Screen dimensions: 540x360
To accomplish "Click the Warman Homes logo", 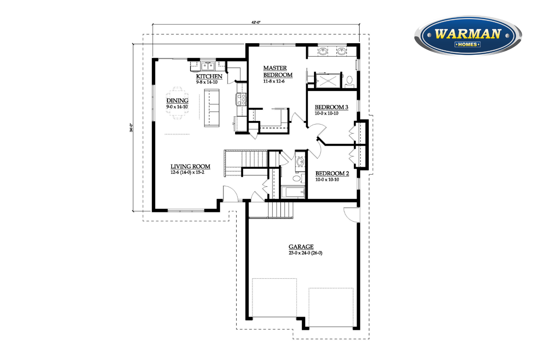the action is point(468,35).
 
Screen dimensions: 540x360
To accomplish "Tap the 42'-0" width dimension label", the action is point(256,22).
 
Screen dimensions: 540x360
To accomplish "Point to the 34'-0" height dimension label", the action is point(131,127).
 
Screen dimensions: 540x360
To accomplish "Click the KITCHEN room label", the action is point(209,76).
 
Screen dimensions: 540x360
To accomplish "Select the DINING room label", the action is point(177,100).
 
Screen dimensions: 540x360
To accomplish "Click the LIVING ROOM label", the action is point(190,166).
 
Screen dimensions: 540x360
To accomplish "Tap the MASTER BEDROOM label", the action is point(278,71).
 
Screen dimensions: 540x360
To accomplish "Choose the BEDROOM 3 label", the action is point(332,107).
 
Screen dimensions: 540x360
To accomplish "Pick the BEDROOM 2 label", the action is point(332,174).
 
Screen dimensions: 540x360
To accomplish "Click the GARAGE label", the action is point(301,247).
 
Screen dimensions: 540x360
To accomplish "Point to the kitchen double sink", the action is point(208,66).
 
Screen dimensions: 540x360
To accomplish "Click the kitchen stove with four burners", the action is point(242,99).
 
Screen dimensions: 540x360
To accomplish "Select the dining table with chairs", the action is point(177,103).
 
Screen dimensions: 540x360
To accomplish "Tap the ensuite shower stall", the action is point(328,81).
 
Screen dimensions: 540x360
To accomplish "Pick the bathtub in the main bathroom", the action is point(293,192).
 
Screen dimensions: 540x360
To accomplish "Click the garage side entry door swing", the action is point(352,215).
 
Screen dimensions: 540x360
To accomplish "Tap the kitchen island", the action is point(212,108).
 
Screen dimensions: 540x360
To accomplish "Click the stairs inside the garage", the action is point(280,210).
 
